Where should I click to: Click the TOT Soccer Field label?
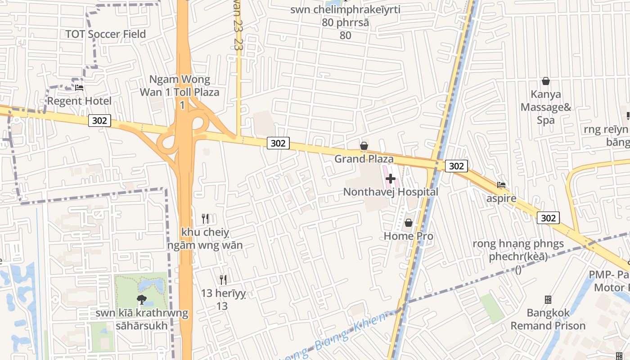coord(106,34)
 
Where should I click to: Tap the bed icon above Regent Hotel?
coord(79,87)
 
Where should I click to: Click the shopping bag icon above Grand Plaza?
coord(364,146)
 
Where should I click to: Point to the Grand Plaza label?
coord(364,159)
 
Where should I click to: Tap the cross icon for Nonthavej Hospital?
coord(390,179)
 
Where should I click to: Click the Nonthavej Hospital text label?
coord(390,192)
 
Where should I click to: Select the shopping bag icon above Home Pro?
coord(409,223)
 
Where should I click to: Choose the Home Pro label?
coord(409,236)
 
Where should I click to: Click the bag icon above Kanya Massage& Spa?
coord(546,81)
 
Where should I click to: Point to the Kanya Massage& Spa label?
coord(546,107)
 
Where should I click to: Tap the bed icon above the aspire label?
coord(501,184)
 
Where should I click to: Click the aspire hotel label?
coord(501,198)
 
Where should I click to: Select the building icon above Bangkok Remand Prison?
coord(548,299)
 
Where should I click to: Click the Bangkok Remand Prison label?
coord(548,319)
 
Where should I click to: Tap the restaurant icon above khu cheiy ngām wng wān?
coord(205,219)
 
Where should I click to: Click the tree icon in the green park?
coord(142,299)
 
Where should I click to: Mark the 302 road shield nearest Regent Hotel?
coord(99,121)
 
